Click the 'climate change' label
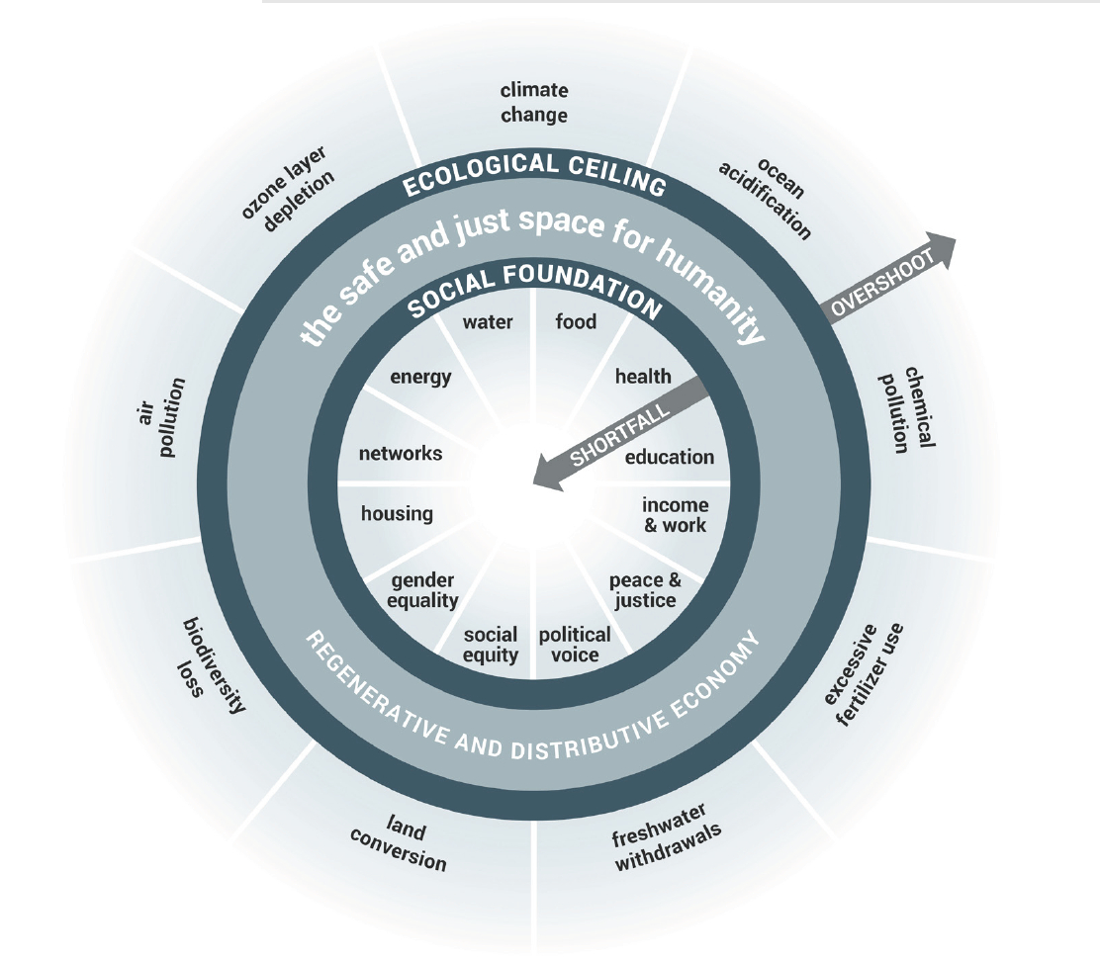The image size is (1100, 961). click(x=534, y=103)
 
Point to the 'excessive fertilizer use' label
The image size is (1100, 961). click(x=864, y=674)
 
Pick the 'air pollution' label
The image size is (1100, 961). click(x=161, y=418)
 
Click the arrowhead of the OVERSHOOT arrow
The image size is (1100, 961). click(x=943, y=249)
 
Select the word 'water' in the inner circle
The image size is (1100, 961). click(x=488, y=321)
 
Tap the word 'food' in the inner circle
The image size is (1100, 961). click(x=576, y=321)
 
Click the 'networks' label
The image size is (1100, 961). click(x=401, y=454)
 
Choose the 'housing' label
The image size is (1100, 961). click(x=397, y=514)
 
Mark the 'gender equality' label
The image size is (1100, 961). click(x=422, y=590)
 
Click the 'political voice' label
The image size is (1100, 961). click(x=575, y=645)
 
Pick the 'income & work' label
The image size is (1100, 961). click(x=675, y=515)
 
